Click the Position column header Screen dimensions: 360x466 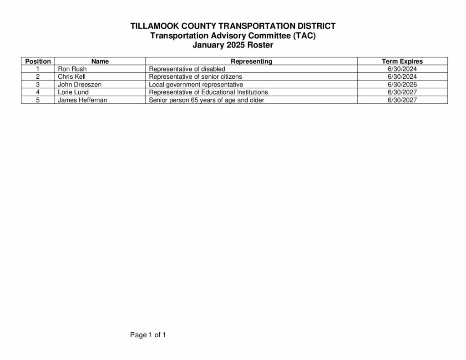(38, 61)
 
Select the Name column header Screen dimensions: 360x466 (100, 61)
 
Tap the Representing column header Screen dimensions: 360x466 (251, 61)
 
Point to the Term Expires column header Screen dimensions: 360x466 (402, 61)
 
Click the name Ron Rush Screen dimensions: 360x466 (72, 69)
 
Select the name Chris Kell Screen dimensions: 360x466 (71, 76)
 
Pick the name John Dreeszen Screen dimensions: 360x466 (80, 84)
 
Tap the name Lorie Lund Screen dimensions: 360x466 (73, 92)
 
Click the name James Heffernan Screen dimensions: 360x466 (82, 100)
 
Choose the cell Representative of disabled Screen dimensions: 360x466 (187, 69)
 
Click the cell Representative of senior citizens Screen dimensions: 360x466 (196, 76)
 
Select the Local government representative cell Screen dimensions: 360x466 (196, 84)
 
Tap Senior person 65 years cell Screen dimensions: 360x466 (207, 100)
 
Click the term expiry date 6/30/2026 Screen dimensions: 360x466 (402, 84)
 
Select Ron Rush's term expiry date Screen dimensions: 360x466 (402, 69)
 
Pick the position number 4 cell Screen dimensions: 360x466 (38, 92)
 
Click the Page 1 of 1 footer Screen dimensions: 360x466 (148, 335)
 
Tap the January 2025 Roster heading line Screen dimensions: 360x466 (233, 45)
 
